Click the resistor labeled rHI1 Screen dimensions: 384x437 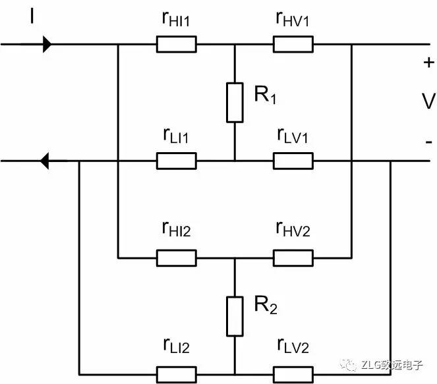176,45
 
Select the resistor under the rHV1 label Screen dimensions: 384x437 293,45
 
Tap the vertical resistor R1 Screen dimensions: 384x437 235,103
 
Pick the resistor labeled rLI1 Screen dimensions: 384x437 176,160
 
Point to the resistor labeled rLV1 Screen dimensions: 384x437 293,160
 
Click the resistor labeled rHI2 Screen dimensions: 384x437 176,258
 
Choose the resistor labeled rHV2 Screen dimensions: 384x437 293,258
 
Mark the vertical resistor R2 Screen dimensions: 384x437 235,315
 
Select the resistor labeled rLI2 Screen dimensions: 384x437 176,373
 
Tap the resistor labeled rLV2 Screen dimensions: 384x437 293,373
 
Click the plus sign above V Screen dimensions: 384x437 428,63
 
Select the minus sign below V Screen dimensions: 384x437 428,142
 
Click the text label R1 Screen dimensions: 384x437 265,96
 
